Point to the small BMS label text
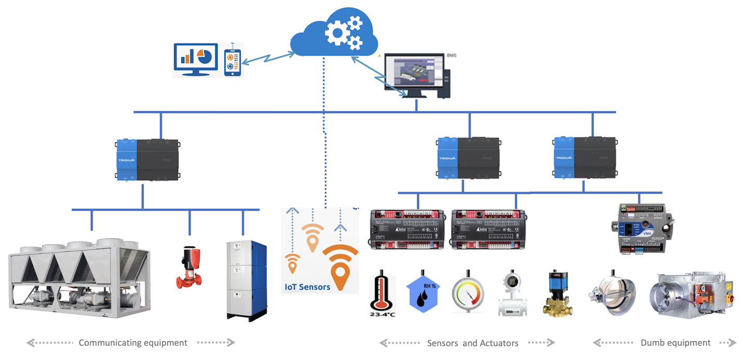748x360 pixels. pos(451,55)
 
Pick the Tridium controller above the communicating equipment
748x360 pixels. pos(148,159)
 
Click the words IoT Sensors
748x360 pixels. pos(307,287)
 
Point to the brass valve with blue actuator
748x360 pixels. pos(558,295)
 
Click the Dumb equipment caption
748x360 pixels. pos(675,343)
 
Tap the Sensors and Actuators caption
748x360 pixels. pos(472,343)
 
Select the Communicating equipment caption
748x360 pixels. pos(133,343)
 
